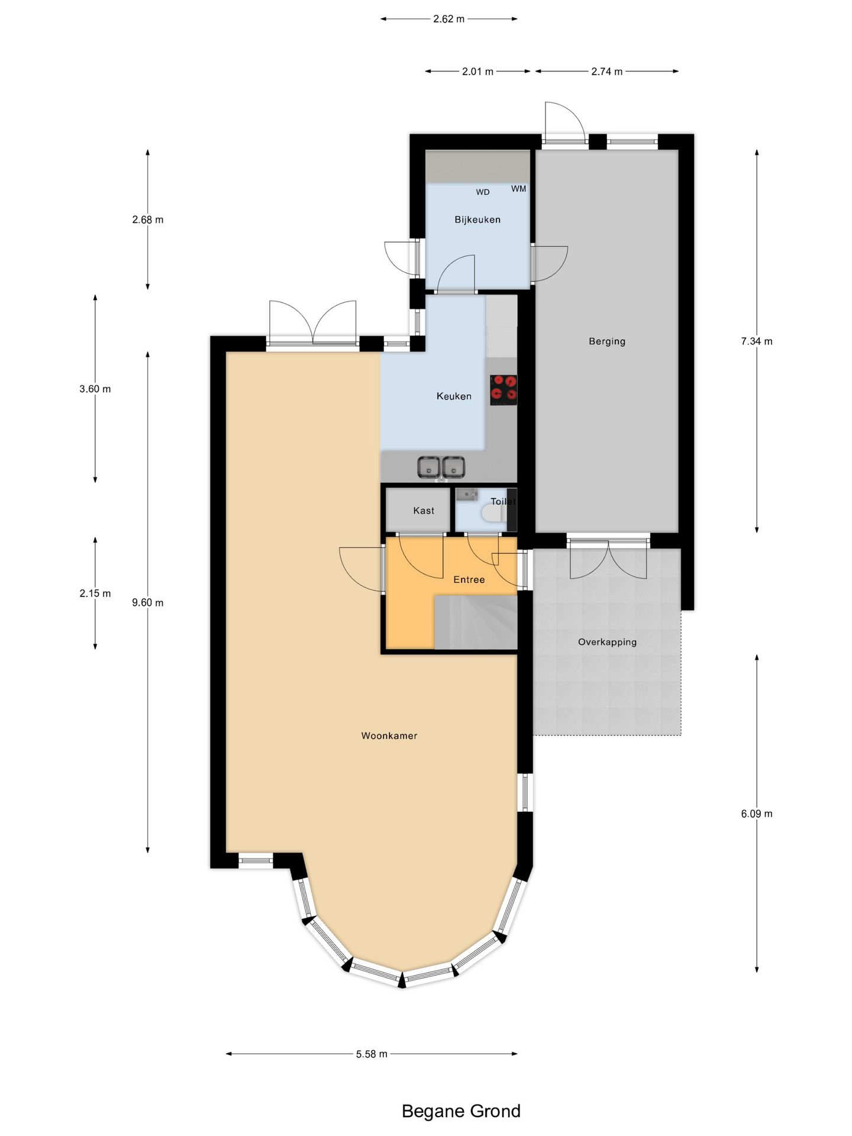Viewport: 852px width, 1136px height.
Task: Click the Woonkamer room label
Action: [389, 735]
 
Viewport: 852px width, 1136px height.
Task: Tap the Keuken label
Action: [454, 396]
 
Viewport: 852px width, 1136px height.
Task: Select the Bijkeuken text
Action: [477, 220]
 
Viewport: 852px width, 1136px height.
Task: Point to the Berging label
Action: [607, 341]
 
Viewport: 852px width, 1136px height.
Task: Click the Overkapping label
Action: [607, 641]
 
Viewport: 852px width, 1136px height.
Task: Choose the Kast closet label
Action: [424, 510]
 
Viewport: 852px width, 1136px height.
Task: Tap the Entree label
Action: [469, 579]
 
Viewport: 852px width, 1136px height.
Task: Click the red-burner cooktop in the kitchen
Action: [504, 389]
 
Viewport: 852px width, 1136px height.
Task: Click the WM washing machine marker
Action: [518, 189]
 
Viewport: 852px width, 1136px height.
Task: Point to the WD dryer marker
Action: [483, 192]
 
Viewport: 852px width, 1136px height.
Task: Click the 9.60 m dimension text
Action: [148, 602]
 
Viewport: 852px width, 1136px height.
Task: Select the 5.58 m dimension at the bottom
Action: [372, 1054]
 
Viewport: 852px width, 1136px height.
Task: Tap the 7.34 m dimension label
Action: [757, 341]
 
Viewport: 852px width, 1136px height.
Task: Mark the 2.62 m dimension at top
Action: [448, 19]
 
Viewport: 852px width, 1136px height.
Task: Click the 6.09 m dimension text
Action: [757, 814]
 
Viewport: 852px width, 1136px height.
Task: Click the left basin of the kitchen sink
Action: [428, 467]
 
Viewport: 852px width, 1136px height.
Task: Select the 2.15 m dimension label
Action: [95, 593]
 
